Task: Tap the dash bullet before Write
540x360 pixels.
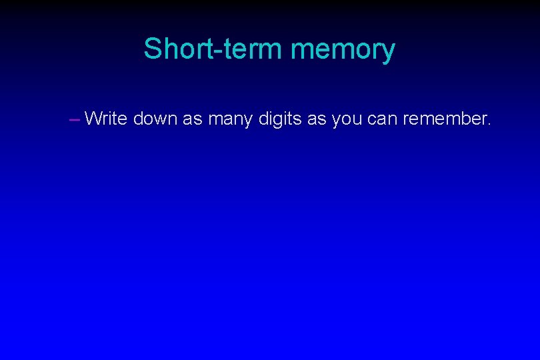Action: pyautogui.click(x=74, y=120)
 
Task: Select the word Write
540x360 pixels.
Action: pyautogui.click(x=107, y=119)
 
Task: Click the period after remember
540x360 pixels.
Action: pyautogui.click(x=489, y=125)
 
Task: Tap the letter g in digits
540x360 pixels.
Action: pyautogui.click(x=279, y=122)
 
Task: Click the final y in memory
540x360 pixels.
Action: pyautogui.click(x=387, y=53)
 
